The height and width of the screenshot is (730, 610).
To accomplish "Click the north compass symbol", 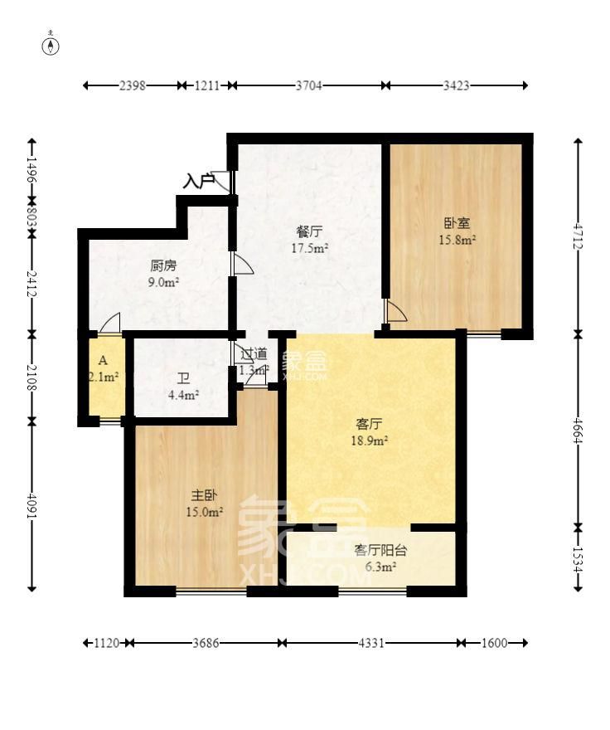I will pyautogui.click(x=51, y=46).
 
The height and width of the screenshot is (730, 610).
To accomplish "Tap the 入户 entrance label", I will pyautogui.click(x=197, y=180).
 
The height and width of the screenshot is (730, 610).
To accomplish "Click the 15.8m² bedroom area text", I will pyautogui.click(x=457, y=241).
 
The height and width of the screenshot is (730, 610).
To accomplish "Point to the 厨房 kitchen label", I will pyautogui.click(x=163, y=266).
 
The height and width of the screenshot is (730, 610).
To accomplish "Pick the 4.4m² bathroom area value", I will pyautogui.click(x=183, y=396).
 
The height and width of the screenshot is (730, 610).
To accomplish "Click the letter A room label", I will pyautogui.click(x=103, y=361).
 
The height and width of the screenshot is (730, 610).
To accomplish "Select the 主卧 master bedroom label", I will pyautogui.click(x=204, y=495).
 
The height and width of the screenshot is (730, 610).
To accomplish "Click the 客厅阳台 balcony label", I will pyautogui.click(x=380, y=549).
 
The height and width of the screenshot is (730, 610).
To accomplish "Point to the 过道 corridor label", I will pyautogui.click(x=254, y=354).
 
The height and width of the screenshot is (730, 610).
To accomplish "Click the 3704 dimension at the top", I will pyautogui.click(x=307, y=85).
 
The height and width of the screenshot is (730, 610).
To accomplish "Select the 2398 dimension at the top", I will pyautogui.click(x=133, y=85).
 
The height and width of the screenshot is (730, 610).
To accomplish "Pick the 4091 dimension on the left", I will pyautogui.click(x=31, y=506).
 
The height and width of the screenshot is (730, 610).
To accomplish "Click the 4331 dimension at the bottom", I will pyautogui.click(x=370, y=643).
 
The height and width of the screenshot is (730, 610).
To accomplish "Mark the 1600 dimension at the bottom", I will pyautogui.click(x=492, y=643).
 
